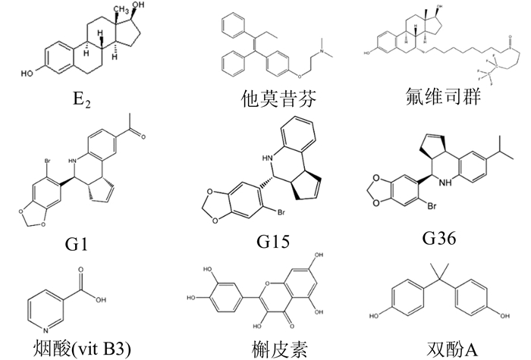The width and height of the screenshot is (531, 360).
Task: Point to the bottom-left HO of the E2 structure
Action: pos(26,74)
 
